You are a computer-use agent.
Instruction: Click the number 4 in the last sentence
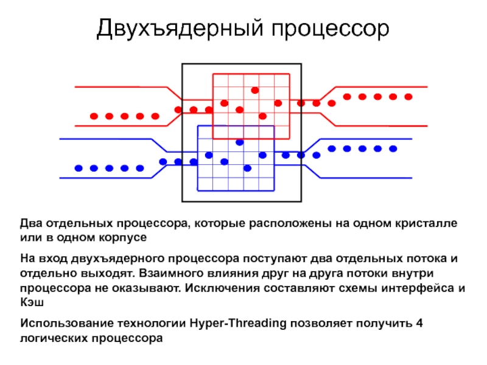click(418, 323)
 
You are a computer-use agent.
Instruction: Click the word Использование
click(64, 323)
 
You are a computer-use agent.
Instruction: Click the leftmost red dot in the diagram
click(94, 116)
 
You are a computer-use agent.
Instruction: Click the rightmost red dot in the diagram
click(408, 97)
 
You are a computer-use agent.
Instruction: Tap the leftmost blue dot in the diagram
click(78, 168)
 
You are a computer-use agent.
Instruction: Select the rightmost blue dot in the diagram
click(393, 148)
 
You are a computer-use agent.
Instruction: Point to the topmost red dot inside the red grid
click(255, 90)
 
